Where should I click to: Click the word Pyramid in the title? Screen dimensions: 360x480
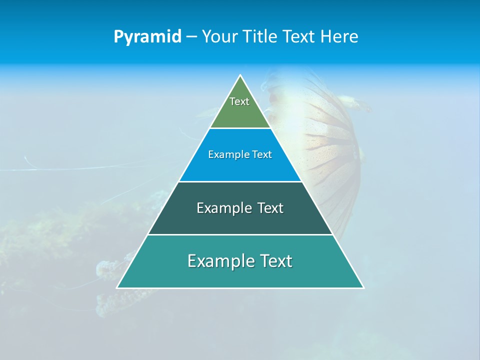(x=147, y=37)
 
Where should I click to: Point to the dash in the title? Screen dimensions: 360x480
(x=191, y=37)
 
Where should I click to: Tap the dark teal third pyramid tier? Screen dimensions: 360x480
(x=240, y=220)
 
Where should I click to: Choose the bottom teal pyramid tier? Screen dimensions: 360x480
(x=240, y=274)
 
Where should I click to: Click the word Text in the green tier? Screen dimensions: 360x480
(x=239, y=101)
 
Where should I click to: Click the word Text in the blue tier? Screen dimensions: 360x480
(x=262, y=154)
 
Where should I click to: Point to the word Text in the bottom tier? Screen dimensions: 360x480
(x=275, y=261)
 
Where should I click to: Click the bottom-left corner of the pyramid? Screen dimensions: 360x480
(x=117, y=287)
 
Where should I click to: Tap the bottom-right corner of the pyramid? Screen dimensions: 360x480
(x=363, y=287)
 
